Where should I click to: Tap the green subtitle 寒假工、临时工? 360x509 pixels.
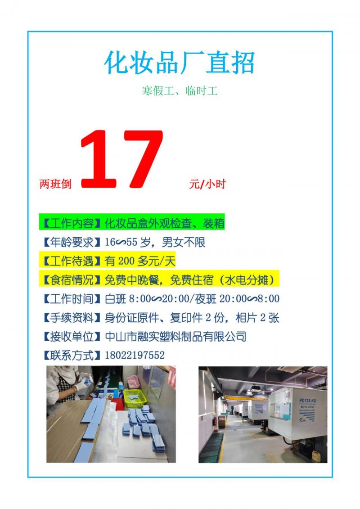pyautogui.click(x=180, y=90)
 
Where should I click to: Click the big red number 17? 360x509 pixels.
pyautogui.click(x=122, y=159)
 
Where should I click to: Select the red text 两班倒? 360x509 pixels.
pyautogui.click(x=55, y=184)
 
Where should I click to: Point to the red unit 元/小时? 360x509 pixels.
pyautogui.click(x=207, y=184)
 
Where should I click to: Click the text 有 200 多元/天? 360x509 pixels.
pyautogui.click(x=140, y=261)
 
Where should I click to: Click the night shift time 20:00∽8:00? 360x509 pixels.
pyautogui.click(x=249, y=299)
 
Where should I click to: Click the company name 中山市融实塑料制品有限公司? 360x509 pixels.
pyautogui.click(x=175, y=336)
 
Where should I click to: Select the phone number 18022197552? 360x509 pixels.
pyautogui.click(x=135, y=355)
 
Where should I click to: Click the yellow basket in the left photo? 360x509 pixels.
pyautogui.click(x=135, y=398)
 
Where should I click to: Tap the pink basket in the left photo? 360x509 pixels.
pyautogui.click(x=133, y=382)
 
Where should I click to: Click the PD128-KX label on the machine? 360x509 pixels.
pyautogui.click(x=307, y=401)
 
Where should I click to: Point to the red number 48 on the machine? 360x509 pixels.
pyautogui.click(x=288, y=395)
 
